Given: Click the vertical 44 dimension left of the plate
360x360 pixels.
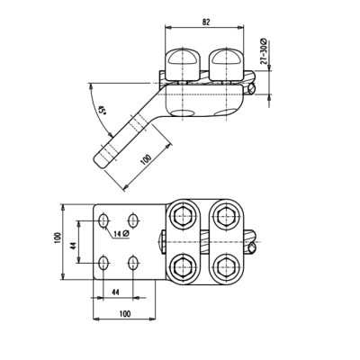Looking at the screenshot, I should pos(74,241).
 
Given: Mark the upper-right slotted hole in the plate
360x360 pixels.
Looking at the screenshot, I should pos(134,219).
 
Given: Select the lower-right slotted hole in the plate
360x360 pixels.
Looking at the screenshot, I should pos(134,263).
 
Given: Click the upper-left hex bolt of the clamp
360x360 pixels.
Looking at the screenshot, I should pos(184,216).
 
